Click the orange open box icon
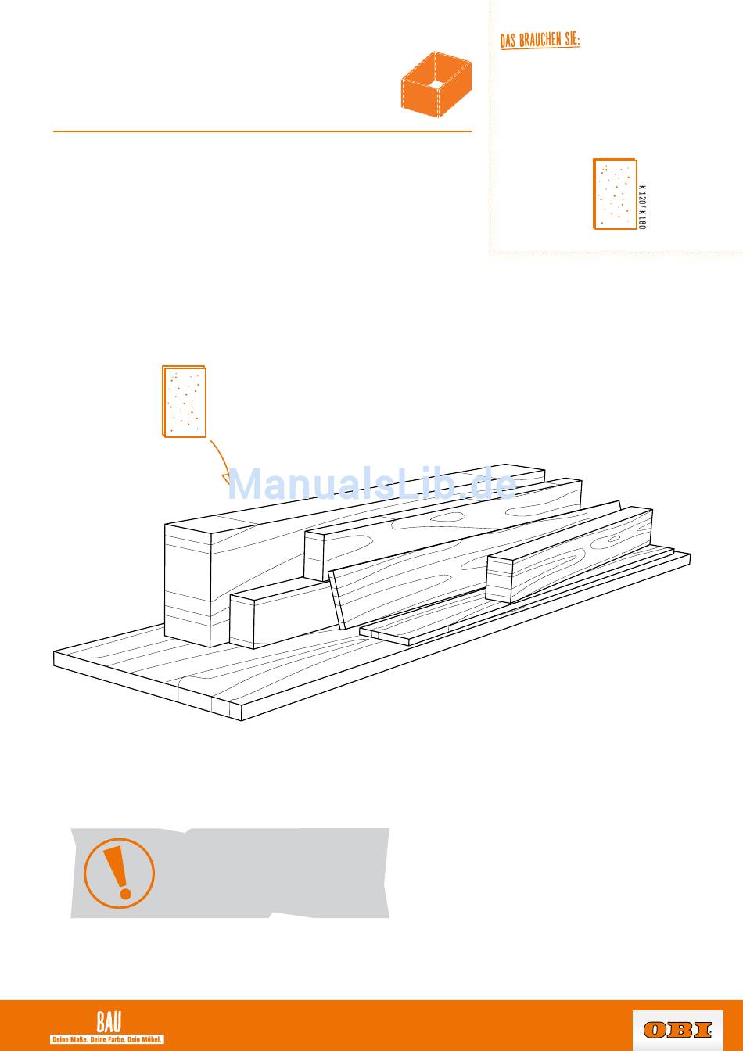[436, 84]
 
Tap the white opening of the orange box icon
[436, 84]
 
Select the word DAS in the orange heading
[508, 41]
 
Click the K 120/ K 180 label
[642, 207]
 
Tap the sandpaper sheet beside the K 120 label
[615, 194]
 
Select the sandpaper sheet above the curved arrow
[184, 402]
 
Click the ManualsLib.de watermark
[371, 484]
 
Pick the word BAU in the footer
[109, 1021]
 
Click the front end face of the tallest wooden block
[188, 586]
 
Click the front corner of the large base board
[242, 719]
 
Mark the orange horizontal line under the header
[262, 131]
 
